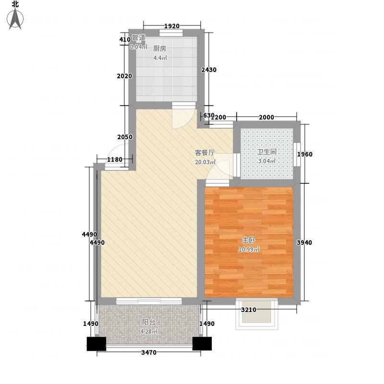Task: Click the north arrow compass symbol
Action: tap(15, 19)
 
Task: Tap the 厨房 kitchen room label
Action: tap(160, 48)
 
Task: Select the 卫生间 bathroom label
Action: tap(266, 152)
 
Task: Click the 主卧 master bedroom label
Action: tap(248, 240)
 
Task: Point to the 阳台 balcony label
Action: tap(149, 322)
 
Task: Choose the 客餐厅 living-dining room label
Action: tap(205, 153)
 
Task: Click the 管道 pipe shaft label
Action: tap(139, 37)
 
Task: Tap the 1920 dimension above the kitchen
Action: tap(172, 26)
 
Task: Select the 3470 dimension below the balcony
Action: tap(149, 352)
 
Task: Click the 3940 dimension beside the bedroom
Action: tap(304, 242)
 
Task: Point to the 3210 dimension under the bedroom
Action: tap(249, 310)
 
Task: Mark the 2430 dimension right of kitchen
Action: tap(209, 70)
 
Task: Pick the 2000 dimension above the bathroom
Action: tap(266, 117)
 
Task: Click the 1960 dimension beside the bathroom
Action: tap(305, 154)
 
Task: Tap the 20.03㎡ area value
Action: tap(205, 162)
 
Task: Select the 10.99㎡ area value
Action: tap(249, 250)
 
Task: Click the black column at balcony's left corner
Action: tap(96, 344)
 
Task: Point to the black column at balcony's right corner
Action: tap(202, 344)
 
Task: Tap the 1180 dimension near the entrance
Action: tap(115, 160)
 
